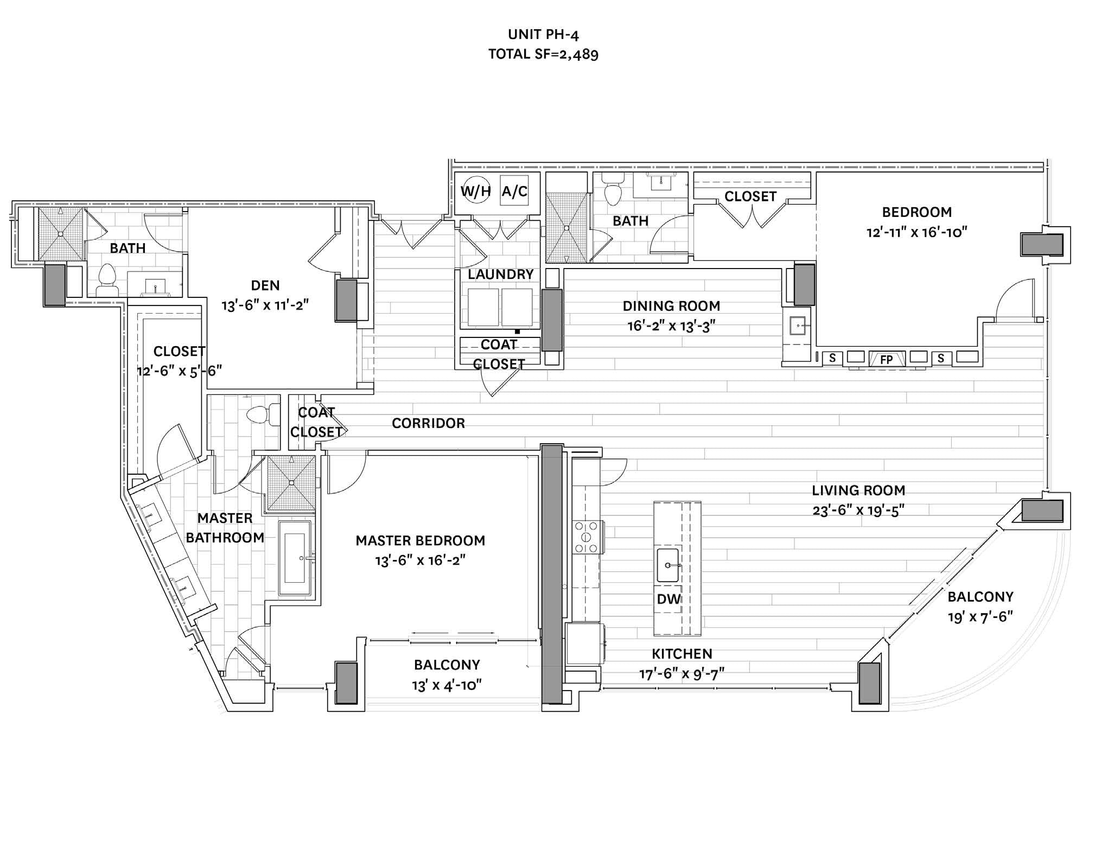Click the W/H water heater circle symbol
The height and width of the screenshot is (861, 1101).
(475, 192)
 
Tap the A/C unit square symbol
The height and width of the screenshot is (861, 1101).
(514, 191)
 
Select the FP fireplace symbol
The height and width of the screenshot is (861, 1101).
(887, 359)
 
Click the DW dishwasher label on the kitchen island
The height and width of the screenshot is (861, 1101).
(669, 599)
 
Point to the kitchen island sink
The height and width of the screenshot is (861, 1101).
(668, 565)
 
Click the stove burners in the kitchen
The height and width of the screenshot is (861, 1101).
(587, 537)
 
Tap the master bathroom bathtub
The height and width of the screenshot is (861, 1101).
(295, 559)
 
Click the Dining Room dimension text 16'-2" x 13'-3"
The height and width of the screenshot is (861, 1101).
(671, 326)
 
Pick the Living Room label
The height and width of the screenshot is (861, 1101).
(858, 490)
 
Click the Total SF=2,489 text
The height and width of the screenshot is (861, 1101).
(543, 54)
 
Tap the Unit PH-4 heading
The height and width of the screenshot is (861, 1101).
(543, 35)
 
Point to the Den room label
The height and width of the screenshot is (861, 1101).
(265, 285)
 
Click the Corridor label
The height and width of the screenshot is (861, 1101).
(428, 423)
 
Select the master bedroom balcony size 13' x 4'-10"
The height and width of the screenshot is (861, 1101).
(447, 685)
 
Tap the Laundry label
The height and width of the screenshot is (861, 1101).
(500, 275)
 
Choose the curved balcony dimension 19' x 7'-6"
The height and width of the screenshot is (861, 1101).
(981, 617)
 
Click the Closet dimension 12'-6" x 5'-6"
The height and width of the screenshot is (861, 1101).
(180, 371)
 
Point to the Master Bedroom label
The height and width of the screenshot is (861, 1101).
(420, 540)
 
